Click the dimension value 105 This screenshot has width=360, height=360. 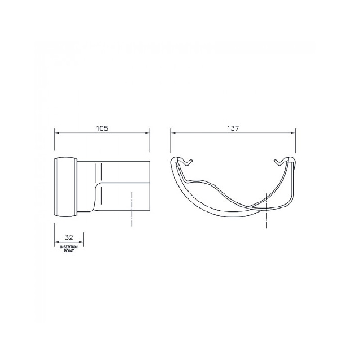tap(102, 128)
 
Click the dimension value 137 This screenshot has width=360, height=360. tap(233, 128)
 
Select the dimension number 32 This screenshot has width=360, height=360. tap(69, 238)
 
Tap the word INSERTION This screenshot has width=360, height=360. tap(69, 247)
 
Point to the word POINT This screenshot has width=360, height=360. tap(69, 251)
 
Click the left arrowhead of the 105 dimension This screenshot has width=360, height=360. tap(57, 133)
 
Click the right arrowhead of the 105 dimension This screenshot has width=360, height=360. tap(147, 133)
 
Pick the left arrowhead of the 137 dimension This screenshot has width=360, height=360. tap(174, 133)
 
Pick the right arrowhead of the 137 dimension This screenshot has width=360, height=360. tap(292, 133)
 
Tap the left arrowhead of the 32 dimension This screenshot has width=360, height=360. tap(57, 242)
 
